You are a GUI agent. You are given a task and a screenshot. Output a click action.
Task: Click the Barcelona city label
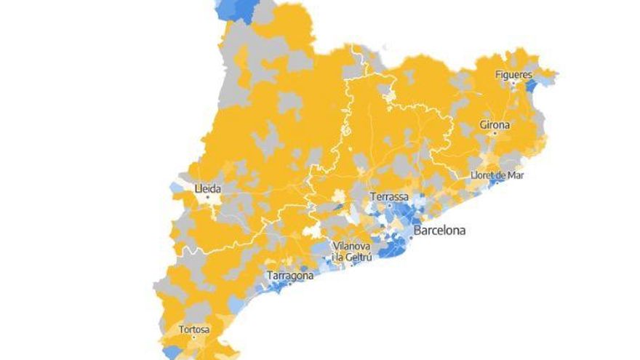click(439, 232)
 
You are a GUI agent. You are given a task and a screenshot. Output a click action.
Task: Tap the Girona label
click(495, 125)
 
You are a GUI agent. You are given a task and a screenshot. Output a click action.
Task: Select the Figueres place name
click(513, 74)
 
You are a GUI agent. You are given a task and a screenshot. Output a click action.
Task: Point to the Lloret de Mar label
click(497, 175)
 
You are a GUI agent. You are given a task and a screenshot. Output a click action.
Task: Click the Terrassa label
click(389, 197)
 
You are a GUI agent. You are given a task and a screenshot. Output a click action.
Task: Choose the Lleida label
click(207, 188)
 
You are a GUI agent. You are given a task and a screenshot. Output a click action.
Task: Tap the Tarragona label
click(290, 276)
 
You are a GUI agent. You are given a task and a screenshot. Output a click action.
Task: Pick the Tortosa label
click(194, 330)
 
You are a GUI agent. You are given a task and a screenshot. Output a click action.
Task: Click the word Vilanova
click(352, 246)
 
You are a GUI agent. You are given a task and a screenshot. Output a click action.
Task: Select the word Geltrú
click(359, 255)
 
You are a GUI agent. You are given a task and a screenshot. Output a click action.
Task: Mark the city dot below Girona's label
click(495, 133)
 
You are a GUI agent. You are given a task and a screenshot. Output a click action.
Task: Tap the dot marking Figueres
click(513, 82)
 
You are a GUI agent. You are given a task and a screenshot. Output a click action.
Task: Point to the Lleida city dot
click(207, 196)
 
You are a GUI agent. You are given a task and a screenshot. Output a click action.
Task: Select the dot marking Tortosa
click(194, 338)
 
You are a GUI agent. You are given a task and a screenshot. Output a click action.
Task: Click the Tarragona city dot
click(290, 284)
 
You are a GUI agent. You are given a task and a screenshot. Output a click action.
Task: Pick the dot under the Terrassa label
click(389, 206)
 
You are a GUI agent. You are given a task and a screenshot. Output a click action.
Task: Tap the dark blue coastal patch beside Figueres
click(532, 86)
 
